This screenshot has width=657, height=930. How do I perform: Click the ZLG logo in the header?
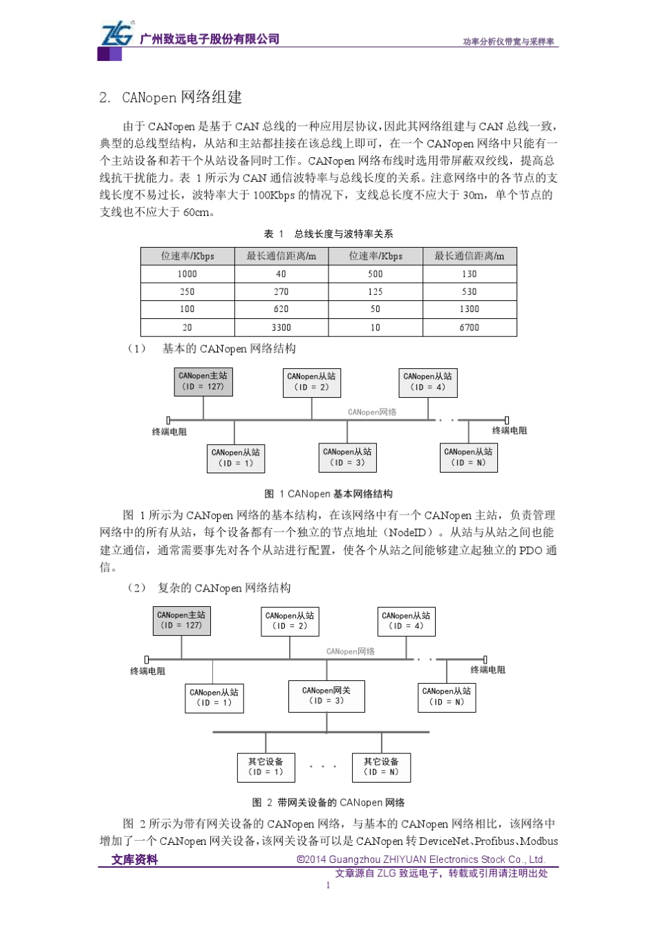point(118,35)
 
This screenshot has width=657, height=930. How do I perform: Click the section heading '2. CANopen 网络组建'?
point(170,98)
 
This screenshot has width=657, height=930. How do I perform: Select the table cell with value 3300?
point(281,327)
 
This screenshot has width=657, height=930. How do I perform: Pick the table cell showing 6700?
point(469,327)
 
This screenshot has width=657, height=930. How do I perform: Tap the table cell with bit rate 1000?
point(187,274)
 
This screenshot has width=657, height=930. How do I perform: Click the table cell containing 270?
point(281,292)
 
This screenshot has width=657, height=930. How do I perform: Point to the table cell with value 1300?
point(469,309)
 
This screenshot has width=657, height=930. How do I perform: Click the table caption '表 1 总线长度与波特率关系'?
point(328,234)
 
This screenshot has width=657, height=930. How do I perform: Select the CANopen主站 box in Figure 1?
point(203,381)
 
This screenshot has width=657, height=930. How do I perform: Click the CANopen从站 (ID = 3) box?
point(347,457)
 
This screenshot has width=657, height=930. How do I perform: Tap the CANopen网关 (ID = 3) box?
point(326,695)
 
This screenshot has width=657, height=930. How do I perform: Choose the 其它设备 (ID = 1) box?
point(266,767)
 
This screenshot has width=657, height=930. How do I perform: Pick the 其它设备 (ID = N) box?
point(382,767)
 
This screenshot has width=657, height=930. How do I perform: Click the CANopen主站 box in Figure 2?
point(181,620)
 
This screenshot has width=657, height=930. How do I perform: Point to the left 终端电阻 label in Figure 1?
point(169,432)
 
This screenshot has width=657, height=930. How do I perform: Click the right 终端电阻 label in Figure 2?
point(488,670)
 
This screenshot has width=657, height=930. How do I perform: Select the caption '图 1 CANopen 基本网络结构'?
point(328,494)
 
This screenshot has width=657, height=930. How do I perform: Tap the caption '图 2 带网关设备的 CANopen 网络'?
point(328,803)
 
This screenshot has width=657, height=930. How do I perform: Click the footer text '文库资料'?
point(135,859)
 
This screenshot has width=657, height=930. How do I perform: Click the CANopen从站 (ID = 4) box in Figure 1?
point(428,382)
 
